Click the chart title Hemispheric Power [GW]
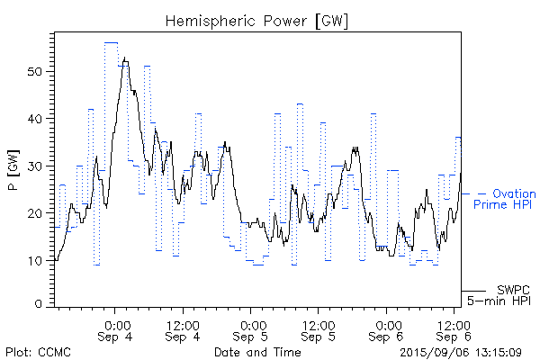pos(257,20)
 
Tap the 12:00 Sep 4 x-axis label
pos(184,329)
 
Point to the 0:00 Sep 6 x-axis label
pos(388,329)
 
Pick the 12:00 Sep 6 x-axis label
pos(455,329)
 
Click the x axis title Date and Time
pos(257,351)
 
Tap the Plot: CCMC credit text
pos(38,351)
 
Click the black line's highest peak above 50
pos(125,58)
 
